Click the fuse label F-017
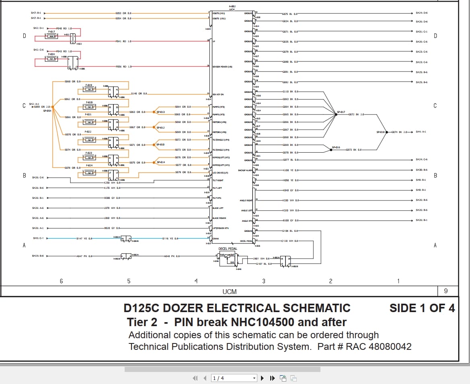pos(51,31)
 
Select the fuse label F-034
pos(51,54)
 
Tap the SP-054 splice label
pos(47,110)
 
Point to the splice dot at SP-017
pos(336,114)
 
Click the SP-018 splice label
pos(380,132)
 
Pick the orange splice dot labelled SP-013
pos(154,112)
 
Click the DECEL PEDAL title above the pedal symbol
pos(228,249)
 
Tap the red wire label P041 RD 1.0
pos(123,41)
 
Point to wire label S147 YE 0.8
pos(84,239)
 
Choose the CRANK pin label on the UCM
pos(216,239)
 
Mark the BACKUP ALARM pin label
pos(245,170)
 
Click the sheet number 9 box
pos(445,291)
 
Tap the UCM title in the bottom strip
pos(230,292)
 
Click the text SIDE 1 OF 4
pos(422,308)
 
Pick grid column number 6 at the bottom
pos(62,281)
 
